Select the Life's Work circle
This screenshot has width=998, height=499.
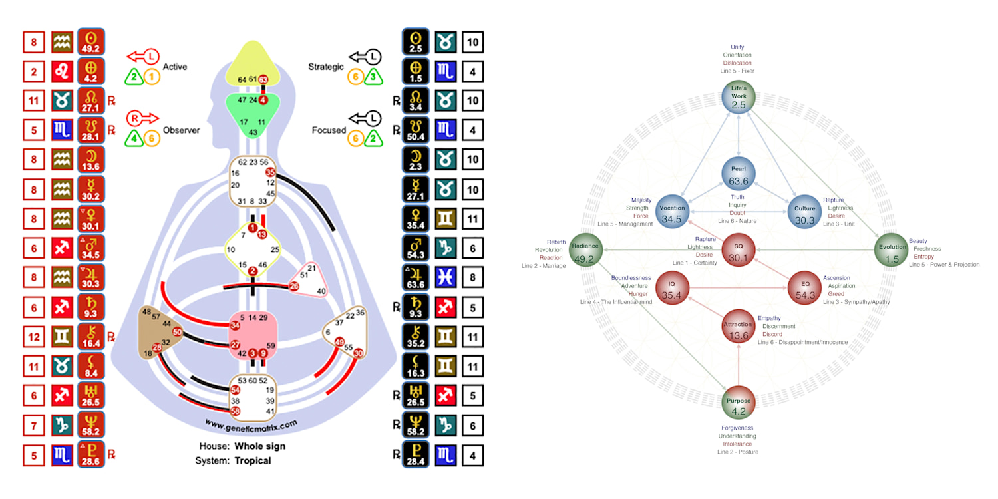pyautogui.click(x=739, y=97)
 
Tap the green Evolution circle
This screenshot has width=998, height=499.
pyautogui.click(x=892, y=253)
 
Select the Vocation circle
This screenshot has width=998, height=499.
pyautogui.click(x=672, y=213)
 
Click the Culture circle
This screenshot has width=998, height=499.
pyautogui.click(x=805, y=213)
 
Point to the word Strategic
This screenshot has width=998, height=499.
pyautogui.click(x=326, y=67)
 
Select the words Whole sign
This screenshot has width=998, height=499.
pyautogui.click(x=259, y=446)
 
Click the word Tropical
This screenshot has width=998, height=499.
pyautogui.click(x=253, y=460)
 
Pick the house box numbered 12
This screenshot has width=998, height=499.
pyautogui.click(x=34, y=337)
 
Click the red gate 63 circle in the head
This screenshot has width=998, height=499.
pyautogui.click(x=263, y=80)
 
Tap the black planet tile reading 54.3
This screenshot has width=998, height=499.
pyautogui.click(x=416, y=249)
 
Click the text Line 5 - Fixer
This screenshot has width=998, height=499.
pyautogui.click(x=737, y=71)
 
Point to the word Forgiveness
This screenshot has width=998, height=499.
pyautogui.click(x=737, y=428)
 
